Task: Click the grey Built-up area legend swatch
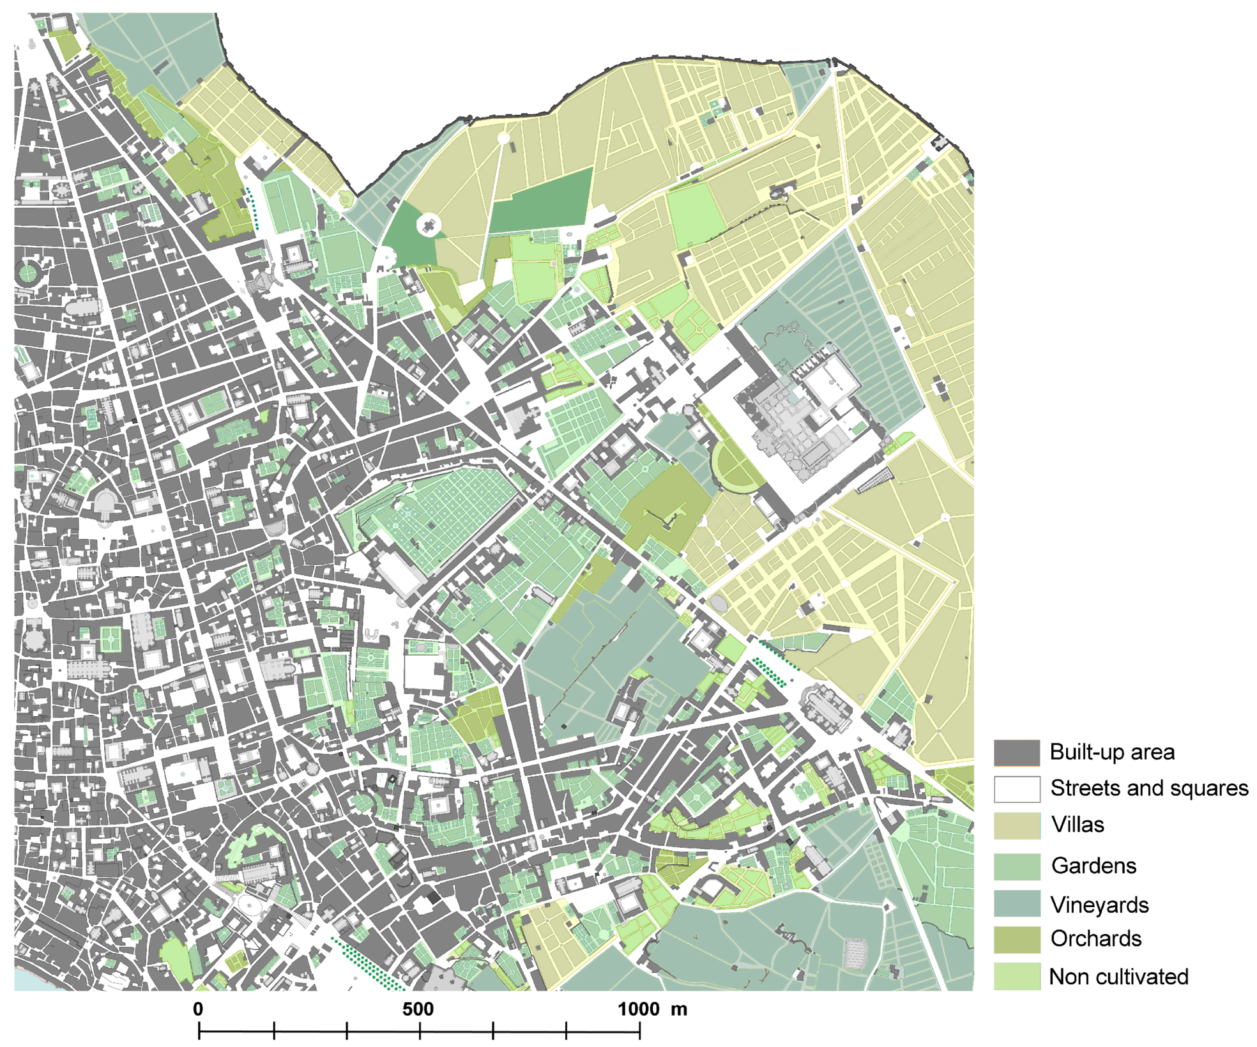click(1016, 753)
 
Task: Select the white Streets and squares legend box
click(1016, 789)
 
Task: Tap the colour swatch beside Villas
click(1016, 825)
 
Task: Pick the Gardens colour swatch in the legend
click(1016, 866)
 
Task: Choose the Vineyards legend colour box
click(1016, 903)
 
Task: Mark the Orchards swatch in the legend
click(1016, 939)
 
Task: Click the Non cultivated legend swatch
click(1016, 976)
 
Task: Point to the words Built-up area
click(1111, 753)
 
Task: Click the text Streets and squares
click(1149, 788)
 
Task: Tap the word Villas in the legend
click(1078, 825)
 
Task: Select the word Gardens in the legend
click(1093, 866)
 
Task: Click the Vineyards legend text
click(1099, 905)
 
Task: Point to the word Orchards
click(1095, 939)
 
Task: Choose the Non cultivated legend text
click(1118, 977)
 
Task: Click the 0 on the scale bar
click(198, 1009)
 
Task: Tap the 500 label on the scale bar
click(418, 1009)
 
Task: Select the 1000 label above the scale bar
click(639, 1009)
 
